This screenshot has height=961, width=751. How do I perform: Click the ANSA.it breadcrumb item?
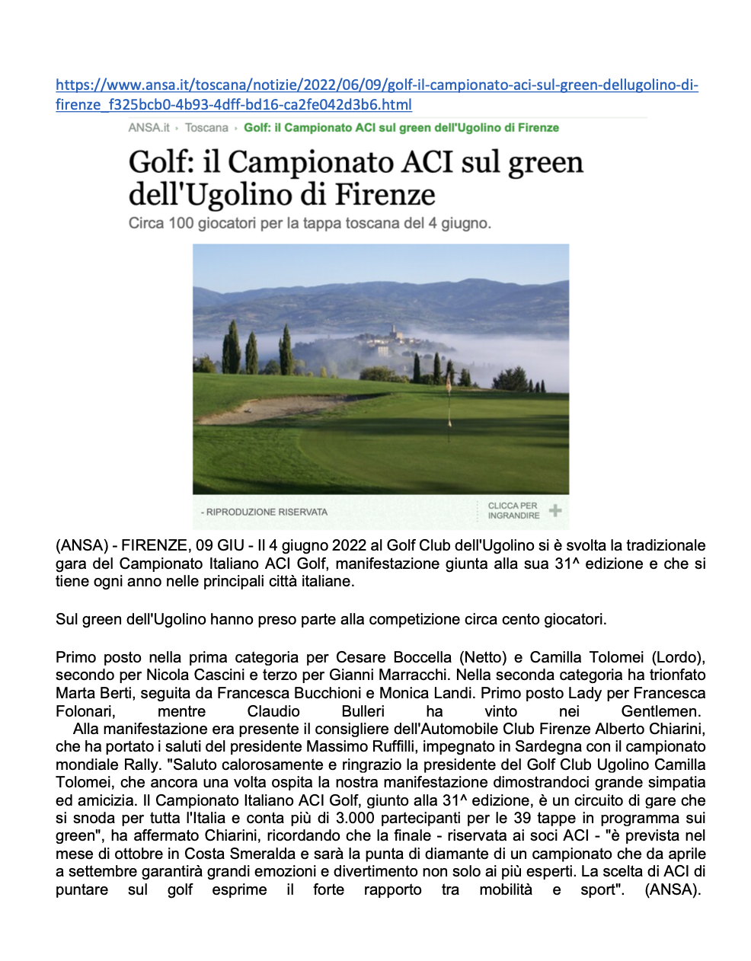(x=149, y=128)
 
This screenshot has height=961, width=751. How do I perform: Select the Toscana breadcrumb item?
(x=206, y=128)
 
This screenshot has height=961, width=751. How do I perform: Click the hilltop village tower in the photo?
(x=393, y=331)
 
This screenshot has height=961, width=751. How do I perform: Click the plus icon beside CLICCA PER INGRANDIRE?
(x=556, y=510)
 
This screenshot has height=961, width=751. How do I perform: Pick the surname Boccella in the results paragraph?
(x=423, y=657)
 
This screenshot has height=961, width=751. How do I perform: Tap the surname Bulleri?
(x=363, y=712)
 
